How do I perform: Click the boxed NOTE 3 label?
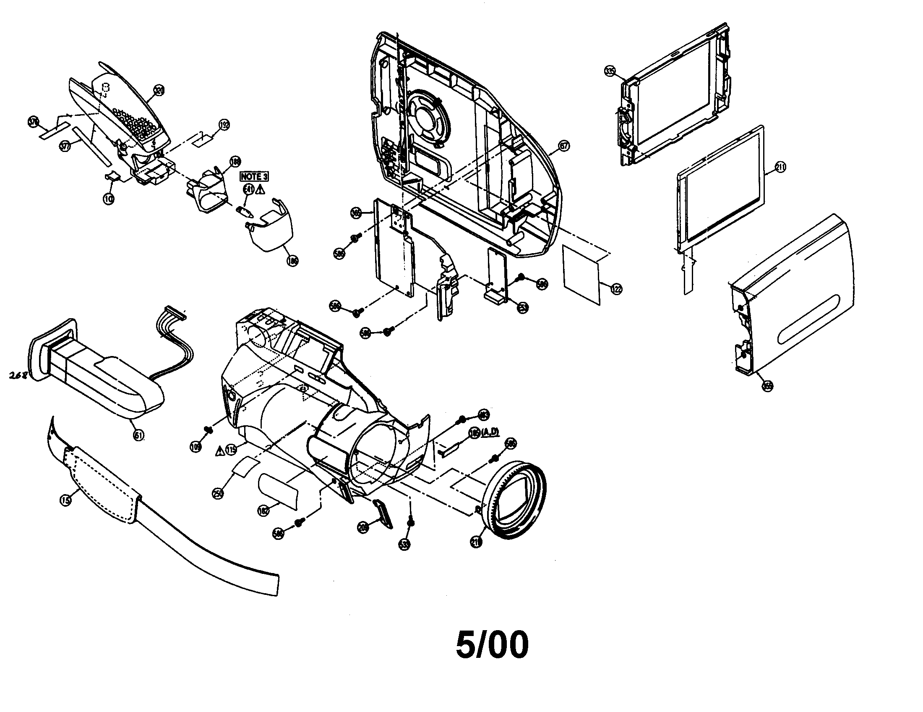click(x=254, y=177)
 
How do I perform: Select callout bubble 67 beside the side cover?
click(x=564, y=146)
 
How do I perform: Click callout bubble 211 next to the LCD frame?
click(x=780, y=168)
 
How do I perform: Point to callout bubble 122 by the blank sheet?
click(x=616, y=289)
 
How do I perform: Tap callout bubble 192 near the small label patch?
click(x=224, y=124)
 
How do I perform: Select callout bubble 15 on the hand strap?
click(x=65, y=500)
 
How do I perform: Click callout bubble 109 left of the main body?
click(x=196, y=447)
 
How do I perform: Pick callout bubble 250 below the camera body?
click(x=218, y=493)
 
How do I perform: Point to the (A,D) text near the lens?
click(x=490, y=432)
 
